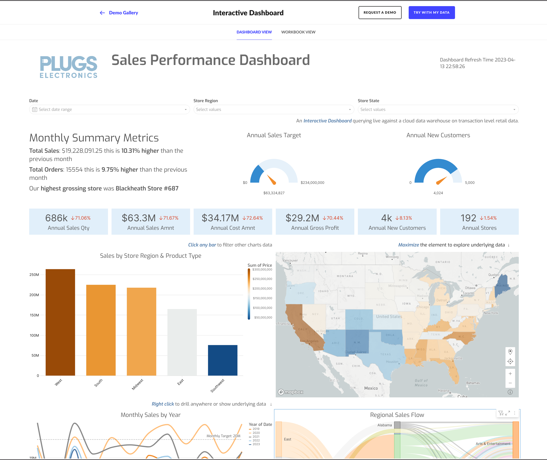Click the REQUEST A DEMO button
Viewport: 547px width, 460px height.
(380, 12)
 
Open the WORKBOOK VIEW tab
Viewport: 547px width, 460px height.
(298, 32)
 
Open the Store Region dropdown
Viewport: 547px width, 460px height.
(273, 109)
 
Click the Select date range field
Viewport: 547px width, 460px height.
(109, 109)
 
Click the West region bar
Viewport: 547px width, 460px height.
(60, 322)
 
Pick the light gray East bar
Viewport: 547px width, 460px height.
(182, 342)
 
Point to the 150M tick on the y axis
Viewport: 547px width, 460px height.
(34, 315)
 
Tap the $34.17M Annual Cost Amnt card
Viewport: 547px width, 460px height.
(232, 222)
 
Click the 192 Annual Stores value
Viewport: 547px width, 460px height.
(468, 218)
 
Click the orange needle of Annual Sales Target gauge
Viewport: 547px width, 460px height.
(272, 180)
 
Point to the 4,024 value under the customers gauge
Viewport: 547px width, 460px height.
(438, 193)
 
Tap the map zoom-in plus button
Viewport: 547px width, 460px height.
(510, 373)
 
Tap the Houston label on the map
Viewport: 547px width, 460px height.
(392, 362)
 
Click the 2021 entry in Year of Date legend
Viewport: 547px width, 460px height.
(256, 436)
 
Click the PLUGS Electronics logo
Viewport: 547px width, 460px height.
(68, 67)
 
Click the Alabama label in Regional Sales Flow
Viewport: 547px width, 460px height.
(384, 425)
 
